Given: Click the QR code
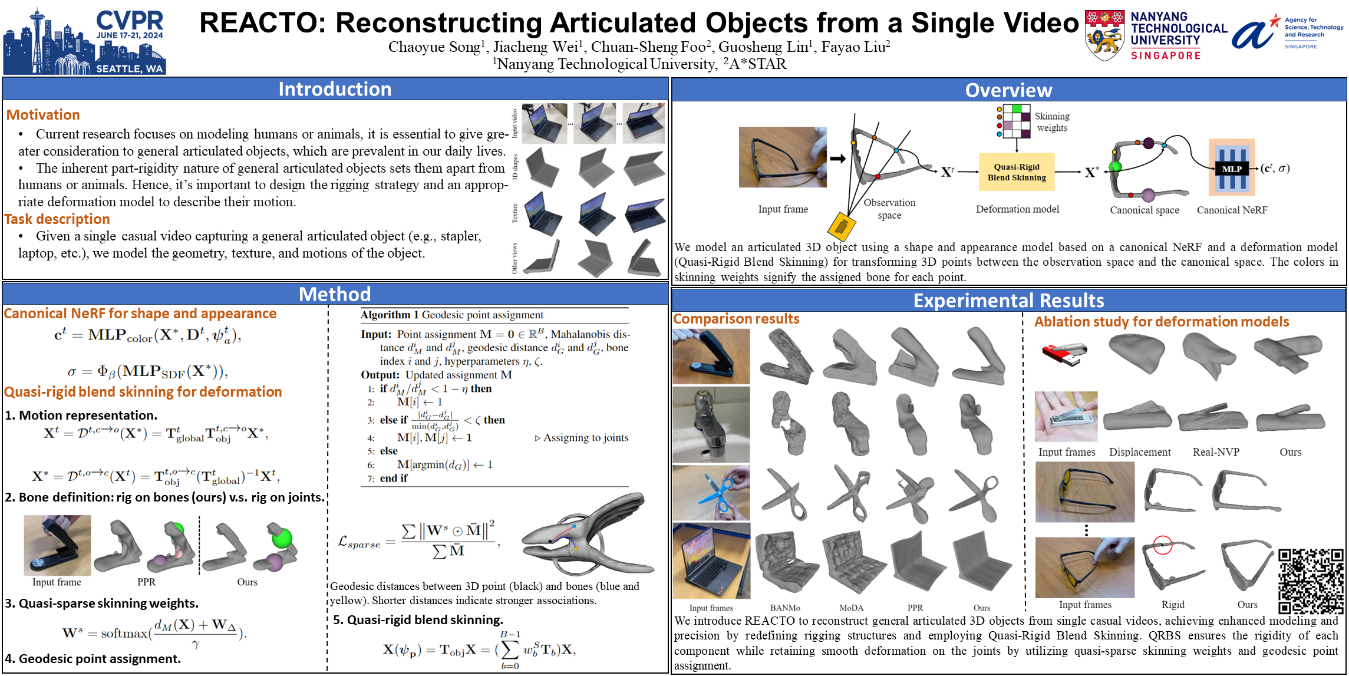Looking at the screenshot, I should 1311,581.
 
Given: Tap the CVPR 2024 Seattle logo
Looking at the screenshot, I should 84,41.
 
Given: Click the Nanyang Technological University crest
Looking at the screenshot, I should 1104,36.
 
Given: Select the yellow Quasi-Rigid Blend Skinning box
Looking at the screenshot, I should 1017,172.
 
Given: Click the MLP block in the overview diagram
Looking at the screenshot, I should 1231,169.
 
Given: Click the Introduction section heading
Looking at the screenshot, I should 335,89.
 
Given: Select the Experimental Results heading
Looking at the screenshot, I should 1008,301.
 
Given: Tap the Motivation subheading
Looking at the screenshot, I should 43,115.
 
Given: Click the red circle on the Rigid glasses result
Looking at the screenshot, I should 1162,545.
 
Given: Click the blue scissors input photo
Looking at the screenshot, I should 711,493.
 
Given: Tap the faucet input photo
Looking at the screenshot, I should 711,424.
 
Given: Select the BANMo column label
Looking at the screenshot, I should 785,608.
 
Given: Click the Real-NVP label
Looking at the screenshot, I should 1216,452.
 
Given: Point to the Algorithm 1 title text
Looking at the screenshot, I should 452,315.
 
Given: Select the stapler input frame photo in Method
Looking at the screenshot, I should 57,545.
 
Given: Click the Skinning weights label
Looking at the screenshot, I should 1052,122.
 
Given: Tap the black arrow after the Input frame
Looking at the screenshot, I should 838,158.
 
